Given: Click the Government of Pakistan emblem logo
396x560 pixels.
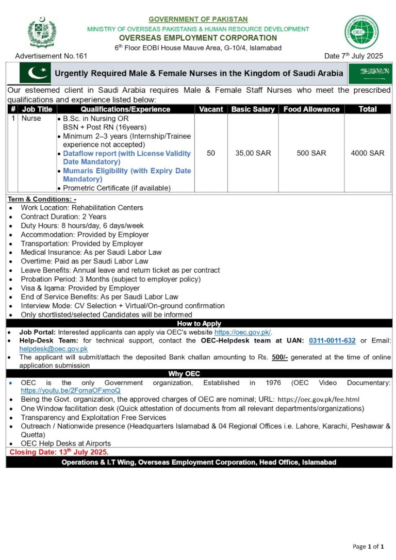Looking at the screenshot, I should coord(41,33).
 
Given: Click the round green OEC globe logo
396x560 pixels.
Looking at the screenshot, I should coord(361,32).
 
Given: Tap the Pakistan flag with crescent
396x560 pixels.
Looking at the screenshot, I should coord(35,73).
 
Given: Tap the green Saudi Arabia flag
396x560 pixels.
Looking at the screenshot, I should coord(370,73).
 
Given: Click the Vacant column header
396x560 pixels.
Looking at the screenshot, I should coord(211,109).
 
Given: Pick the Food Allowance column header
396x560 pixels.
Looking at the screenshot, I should coord(311,109).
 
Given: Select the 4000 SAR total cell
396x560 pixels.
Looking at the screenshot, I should coord(367,153).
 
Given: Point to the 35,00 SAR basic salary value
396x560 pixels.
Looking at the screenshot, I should coord(253,153).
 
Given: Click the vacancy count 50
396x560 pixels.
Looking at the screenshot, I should coord(211,153).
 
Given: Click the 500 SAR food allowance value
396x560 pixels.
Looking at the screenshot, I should coord(311,153).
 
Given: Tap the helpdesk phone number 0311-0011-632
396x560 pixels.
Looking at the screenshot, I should coord(332,341).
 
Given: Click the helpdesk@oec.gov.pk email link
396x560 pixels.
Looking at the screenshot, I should coord(53,349).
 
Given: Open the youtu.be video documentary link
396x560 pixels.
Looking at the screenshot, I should coord(71,391).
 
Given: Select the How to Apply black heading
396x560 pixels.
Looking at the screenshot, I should coord(199,324).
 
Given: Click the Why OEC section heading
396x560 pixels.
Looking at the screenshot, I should coord(199,374).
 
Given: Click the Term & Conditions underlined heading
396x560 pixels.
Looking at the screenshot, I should coord(42,199).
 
